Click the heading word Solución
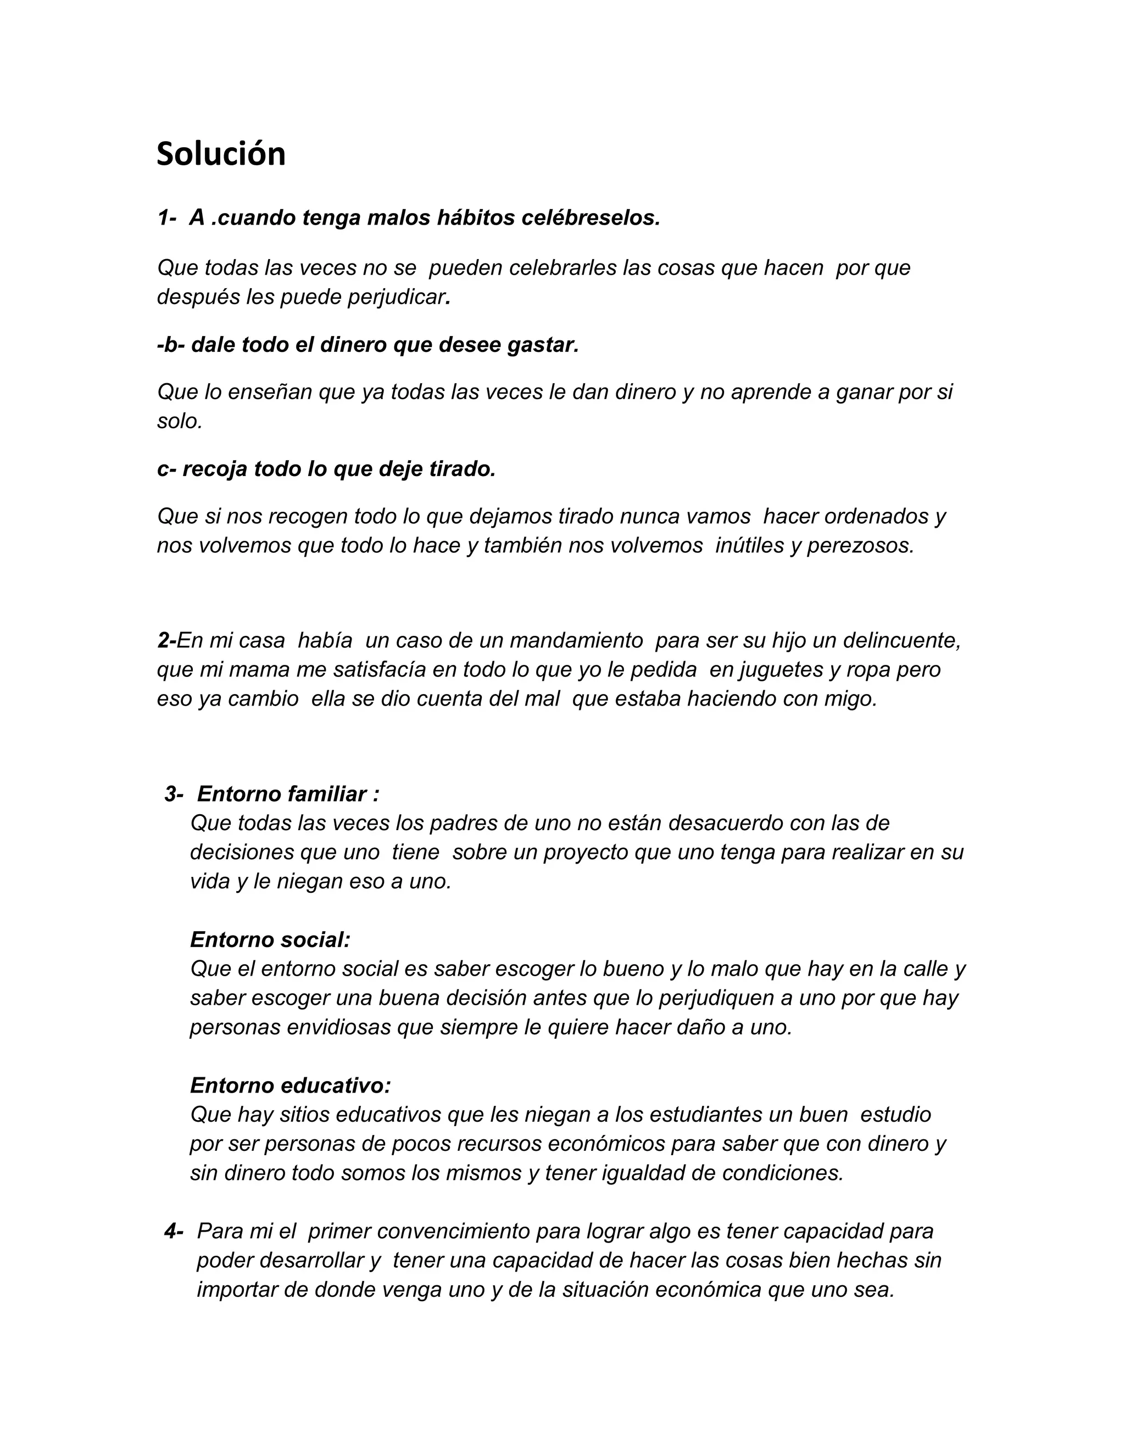click(x=221, y=154)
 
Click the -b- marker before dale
click(x=171, y=344)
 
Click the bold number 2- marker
click(x=166, y=640)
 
